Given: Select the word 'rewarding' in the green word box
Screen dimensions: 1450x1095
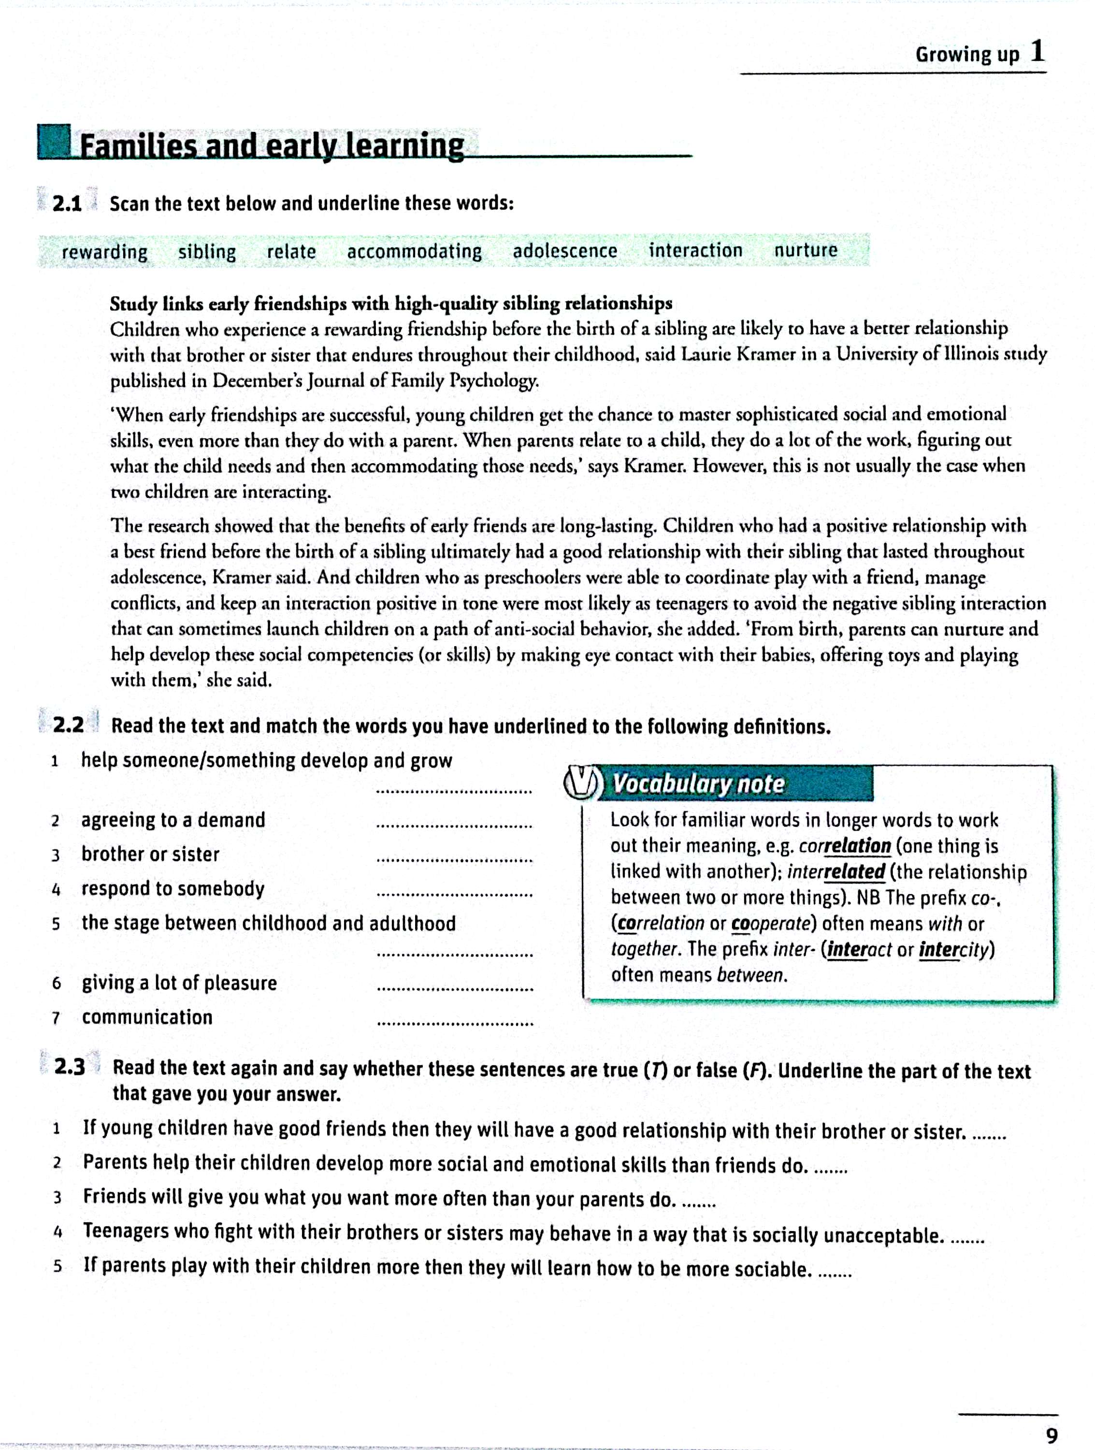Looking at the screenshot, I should (x=104, y=252).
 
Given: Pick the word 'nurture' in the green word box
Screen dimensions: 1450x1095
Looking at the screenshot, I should (x=806, y=250).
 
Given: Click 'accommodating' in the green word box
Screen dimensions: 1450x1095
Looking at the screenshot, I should (x=414, y=251).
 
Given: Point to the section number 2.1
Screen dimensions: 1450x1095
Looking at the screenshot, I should (x=67, y=204).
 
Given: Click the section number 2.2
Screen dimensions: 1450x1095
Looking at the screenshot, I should (x=68, y=725).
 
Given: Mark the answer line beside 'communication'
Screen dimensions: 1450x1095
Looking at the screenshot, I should (x=455, y=1023).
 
